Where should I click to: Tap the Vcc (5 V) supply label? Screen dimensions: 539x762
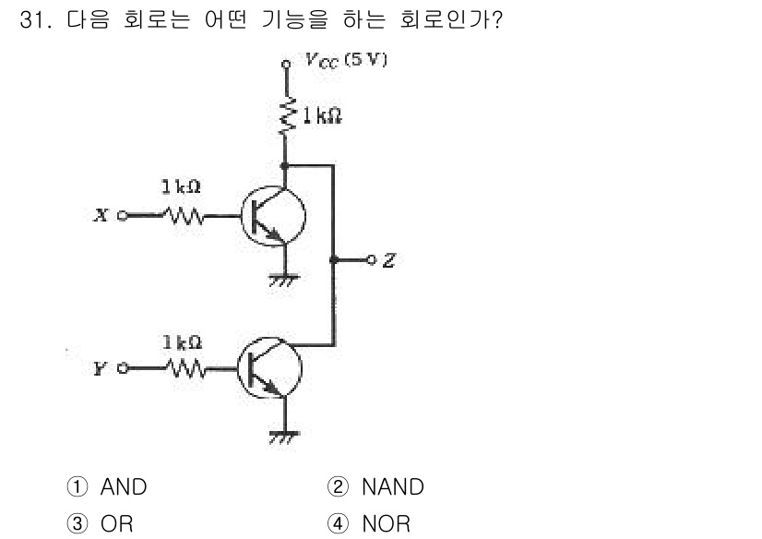[x=346, y=62]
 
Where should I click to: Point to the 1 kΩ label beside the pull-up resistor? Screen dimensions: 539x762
[x=320, y=116]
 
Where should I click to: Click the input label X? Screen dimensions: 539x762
[x=98, y=216]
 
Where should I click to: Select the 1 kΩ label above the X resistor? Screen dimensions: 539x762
[x=181, y=187]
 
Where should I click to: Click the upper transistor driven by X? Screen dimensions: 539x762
[x=274, y=217]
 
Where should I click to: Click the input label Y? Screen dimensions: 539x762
[x=98, y=370]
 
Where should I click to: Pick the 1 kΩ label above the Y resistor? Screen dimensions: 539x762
[x=181, y=342]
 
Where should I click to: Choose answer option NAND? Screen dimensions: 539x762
[x=391, y=486]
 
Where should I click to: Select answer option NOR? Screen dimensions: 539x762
[x=385, y=524]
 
